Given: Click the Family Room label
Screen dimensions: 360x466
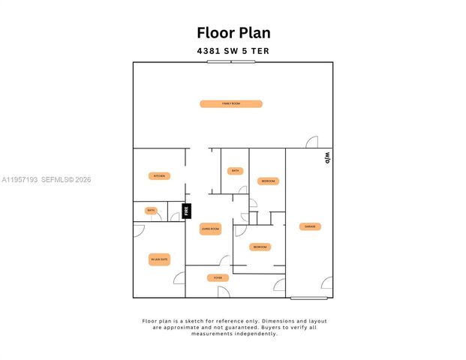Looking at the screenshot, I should tap(230, 103).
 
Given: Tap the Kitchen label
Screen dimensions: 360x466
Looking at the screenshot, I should tap(159, 176).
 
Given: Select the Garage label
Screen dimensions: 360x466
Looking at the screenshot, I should tap(308, 226).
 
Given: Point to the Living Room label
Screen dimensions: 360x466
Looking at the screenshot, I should tap(210, 229).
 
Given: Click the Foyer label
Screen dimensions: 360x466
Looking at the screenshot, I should tap(218, 278).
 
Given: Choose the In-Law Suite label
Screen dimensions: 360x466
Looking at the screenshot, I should tap(159, 260).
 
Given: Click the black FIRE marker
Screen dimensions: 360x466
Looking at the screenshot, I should tap(187, 211).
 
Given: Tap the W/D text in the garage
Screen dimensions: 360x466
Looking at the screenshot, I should tap(327, 158).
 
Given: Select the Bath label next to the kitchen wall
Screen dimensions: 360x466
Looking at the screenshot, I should tap(235, 171).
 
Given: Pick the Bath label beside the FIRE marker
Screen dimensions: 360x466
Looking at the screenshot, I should tap(151, 211).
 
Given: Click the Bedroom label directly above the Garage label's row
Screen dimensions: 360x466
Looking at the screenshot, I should tap(269, 181).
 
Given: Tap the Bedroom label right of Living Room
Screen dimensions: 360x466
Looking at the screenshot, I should tap(260, 247).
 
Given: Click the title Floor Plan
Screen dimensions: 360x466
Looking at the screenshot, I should tap(233, 32).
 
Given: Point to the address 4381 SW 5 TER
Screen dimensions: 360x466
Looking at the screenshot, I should tap(233, 51).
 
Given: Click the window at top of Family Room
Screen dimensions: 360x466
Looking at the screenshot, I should tap(231, 61).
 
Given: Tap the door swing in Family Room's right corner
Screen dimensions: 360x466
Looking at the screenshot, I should tap(311, 142).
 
